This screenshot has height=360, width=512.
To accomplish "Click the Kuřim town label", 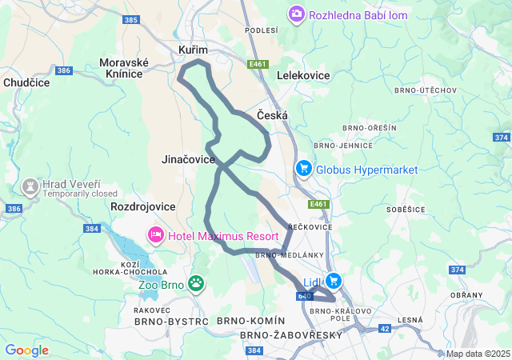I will point(193,50).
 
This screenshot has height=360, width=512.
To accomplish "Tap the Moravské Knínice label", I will point(121,68).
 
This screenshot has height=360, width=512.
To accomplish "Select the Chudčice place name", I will point(26,82).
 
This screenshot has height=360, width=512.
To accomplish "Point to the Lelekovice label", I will point(303,74).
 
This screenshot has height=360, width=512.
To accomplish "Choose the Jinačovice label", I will point(188,159).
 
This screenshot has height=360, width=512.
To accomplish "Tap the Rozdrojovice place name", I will point(143,206).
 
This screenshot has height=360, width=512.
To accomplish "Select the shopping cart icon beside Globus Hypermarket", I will point(303,169).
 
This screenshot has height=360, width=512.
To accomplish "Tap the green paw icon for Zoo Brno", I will point(196,283).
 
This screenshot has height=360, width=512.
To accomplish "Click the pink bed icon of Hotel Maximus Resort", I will point(155,235).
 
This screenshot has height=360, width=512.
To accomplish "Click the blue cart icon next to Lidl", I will point(333,282).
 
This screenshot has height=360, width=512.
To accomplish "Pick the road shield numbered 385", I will point(132,19).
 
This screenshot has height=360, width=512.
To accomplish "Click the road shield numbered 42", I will point(385,328).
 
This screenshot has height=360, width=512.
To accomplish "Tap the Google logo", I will point(26,350).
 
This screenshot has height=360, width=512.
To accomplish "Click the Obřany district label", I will point(466,295).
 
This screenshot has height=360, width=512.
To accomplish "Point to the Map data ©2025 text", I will point(478,354).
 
